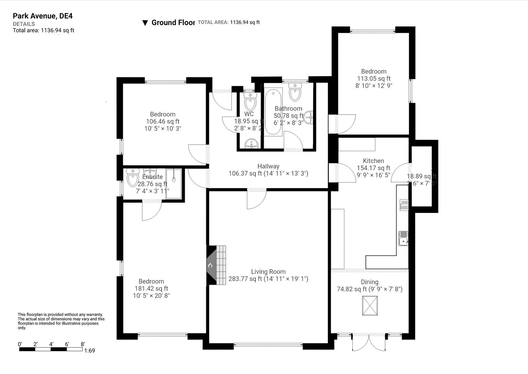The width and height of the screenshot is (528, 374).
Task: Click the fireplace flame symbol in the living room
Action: (x=210, y=265)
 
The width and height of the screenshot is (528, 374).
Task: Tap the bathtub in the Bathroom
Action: (x=274, y=112)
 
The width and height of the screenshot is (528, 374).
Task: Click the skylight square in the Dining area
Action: (x=370, y=306)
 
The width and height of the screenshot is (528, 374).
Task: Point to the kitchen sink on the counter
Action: (x=403, y=238)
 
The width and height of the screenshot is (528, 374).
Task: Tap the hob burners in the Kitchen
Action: (x=404, y=205)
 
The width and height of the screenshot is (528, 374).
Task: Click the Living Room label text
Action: (x=268, y=272)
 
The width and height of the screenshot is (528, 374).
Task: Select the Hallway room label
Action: (x=268, y=166)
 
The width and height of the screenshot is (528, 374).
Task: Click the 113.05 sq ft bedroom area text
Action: (x=374, y=79)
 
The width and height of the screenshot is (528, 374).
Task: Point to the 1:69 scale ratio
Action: (x=89, y=351)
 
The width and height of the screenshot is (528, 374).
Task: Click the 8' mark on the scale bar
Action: (x=82, y=344)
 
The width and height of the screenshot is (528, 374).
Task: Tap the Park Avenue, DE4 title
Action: (x=43, y=16)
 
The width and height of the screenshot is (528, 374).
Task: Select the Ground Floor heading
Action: (x=173, y=22)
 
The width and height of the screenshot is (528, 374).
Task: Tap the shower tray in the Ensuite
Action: (x=174, y=184)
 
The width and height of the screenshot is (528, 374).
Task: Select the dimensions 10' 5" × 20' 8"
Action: (x=151, y=295)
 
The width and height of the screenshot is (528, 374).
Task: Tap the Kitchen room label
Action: (x=373, y=161)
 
